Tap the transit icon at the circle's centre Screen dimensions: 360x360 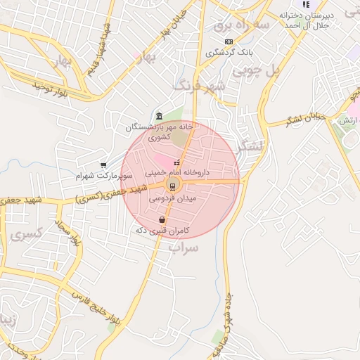pyautogui.click(x=172, y=186)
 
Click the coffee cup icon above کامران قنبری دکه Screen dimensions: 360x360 pyautogui.click(x=162, y=220)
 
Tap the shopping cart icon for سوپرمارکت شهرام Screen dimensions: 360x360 pyautogui.click(x=103, y=165)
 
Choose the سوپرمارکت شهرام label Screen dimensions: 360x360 pyautogui.click(x=103, y=174)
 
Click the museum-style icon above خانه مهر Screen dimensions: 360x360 pyautogui.click(x=160, y=116)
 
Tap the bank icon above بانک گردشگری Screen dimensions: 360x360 pyautogui.click(x=229, y=42)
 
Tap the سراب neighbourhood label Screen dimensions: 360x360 pyautogui.click(x=184, y=247)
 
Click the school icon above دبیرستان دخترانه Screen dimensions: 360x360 pyautogui.click(x=306, y=4)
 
